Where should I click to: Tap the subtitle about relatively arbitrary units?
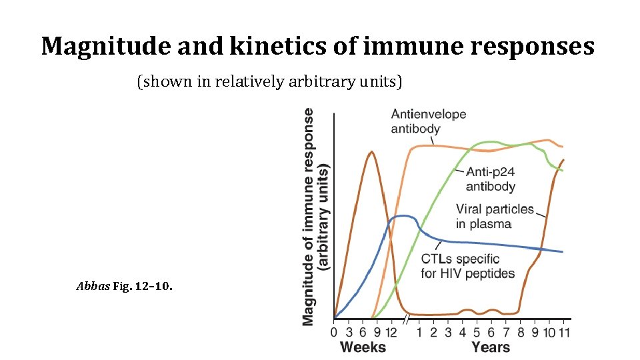(269, 82)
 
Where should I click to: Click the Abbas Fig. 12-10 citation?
(125, 287)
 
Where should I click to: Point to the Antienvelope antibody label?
(428, 121)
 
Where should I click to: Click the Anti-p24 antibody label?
(490, 179)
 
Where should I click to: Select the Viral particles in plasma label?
(494, 216)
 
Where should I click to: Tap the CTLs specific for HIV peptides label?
(467, 265)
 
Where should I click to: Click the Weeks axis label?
(363, 347)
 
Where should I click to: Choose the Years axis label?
(490, 347)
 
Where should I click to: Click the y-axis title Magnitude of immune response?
(315, 217)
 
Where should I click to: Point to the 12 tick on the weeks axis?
(391, 332)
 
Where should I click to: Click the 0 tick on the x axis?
(335, 332)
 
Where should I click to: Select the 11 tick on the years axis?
(563, 332)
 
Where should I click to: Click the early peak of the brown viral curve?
(371, 152)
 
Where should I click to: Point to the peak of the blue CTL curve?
(402, 215)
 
